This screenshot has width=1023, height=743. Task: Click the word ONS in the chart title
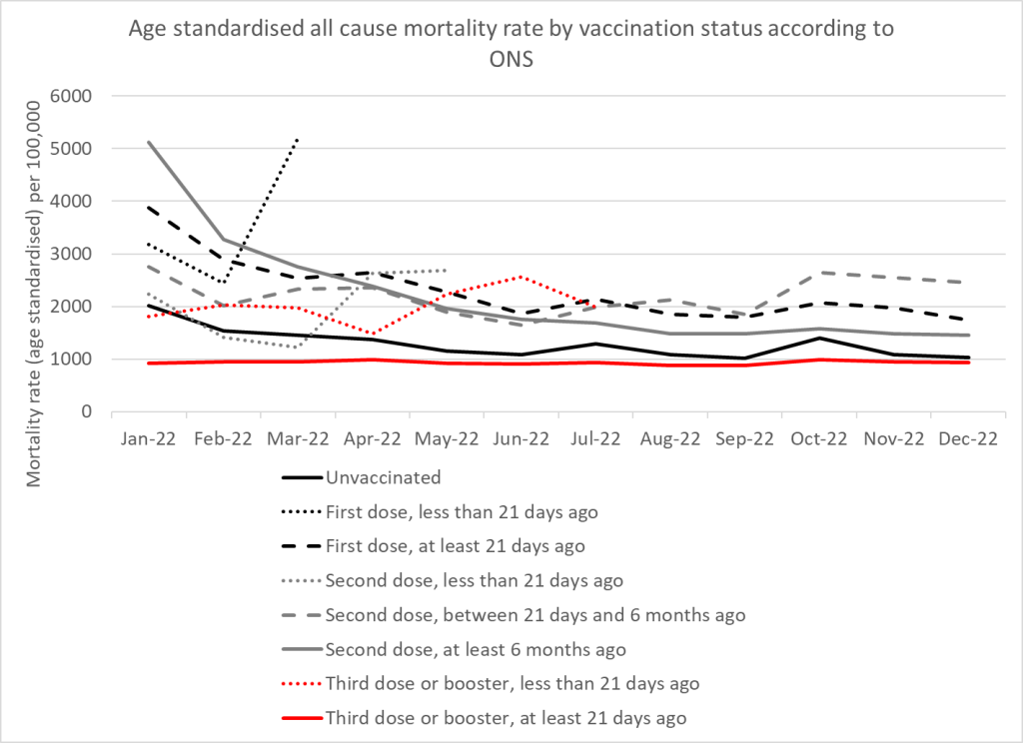(x=511, y=59)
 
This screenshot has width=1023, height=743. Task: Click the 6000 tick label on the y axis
(x=71, y=96)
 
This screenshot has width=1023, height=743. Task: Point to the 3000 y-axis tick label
(x=71, y=254)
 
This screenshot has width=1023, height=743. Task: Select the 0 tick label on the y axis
(x=86, y=411)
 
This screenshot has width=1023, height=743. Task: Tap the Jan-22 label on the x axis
(x=148, y=439)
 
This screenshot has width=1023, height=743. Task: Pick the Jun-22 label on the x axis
(x=520, y=439)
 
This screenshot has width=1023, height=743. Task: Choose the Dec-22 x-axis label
(x=968, y=439)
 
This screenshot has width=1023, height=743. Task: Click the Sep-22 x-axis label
(x=744, y=439)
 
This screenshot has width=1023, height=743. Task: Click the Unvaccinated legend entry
(x=362, y=477)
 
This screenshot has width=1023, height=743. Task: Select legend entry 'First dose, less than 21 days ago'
(x=440, y=512)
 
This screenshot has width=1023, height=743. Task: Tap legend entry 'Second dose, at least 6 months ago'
(x=455, y=650)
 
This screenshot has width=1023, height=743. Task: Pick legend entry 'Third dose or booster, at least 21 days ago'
(x=485, y=718)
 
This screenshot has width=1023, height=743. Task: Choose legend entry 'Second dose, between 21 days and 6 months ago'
(x=513, y=615)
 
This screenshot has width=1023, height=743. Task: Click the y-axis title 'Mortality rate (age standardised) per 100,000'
(x=34, y=295)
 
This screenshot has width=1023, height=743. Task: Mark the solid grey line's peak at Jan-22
(x=149, y=142)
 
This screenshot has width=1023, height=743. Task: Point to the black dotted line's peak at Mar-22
(x=298, y=138)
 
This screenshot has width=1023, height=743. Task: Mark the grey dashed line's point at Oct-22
(x=819, y=273)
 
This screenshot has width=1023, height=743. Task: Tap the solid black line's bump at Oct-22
(x=819, y=338)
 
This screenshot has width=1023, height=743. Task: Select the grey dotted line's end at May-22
(x=447, y=270)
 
